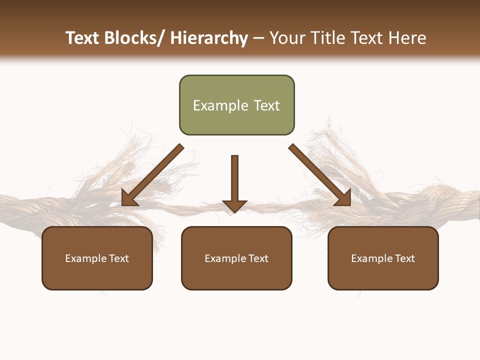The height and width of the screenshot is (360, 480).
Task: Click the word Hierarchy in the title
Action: (x=209, y=38)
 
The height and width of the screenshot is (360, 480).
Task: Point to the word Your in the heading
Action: (x=286, y=38)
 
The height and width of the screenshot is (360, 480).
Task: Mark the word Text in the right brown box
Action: (x=405, y=258)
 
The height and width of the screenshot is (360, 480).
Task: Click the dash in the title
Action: (x=258, y=38)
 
